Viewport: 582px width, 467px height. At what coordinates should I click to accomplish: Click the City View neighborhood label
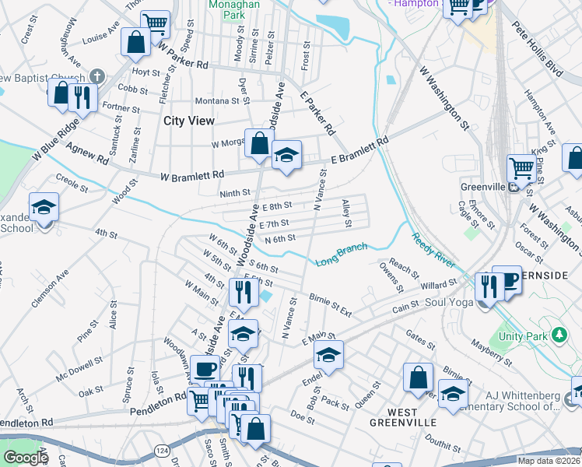tap(191, 121)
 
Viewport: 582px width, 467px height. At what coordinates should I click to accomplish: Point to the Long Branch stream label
tap(341, 254)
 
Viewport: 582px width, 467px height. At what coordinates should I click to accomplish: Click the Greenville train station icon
tap(513, 187)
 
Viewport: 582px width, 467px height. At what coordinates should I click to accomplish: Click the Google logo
tap(26, 458)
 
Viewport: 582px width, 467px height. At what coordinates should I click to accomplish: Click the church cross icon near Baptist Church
tap(96, 77)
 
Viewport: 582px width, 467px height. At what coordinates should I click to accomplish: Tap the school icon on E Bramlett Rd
tap(286, 154)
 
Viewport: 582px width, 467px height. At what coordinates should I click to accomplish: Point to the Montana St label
tap(216, 100)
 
